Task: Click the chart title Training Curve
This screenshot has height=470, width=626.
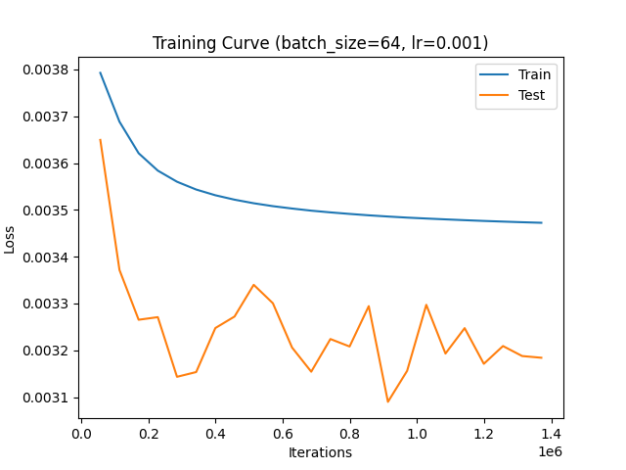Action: point(320,43)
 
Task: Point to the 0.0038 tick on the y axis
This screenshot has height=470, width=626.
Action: point(46,70)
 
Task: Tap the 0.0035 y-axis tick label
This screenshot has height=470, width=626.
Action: point(46,211)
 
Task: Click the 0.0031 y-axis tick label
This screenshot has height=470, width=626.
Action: point(46,398)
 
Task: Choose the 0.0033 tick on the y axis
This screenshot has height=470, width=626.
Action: point(46,305)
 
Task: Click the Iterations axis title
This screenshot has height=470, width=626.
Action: point(320,452)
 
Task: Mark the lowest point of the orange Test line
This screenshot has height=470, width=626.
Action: point(387,401)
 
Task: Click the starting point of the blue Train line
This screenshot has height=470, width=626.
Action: point(100,72)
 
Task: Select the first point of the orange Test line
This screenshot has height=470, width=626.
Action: point(100,140)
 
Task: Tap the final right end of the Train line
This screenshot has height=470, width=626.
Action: point(541,222)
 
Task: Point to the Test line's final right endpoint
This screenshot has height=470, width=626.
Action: point(541,357)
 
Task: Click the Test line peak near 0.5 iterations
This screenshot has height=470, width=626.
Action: point(253,285)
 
